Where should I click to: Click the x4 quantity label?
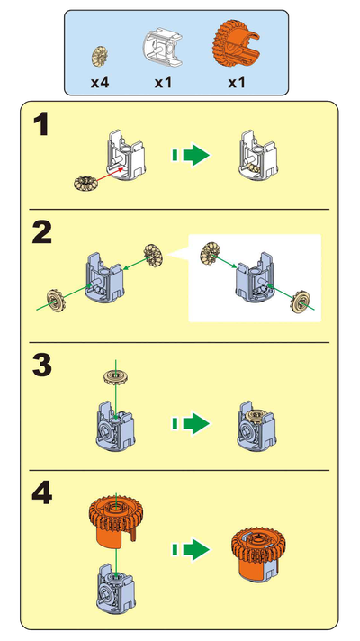pos(100,82)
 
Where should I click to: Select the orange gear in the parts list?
pos(237,45)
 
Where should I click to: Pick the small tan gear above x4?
pos(101,56)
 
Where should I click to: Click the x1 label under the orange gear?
pos(237,82)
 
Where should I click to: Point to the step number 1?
pos(41,127)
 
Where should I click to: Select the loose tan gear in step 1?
pos(86,184)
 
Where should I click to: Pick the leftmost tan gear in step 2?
pos(54,300)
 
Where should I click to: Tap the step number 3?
pos(41,366)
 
